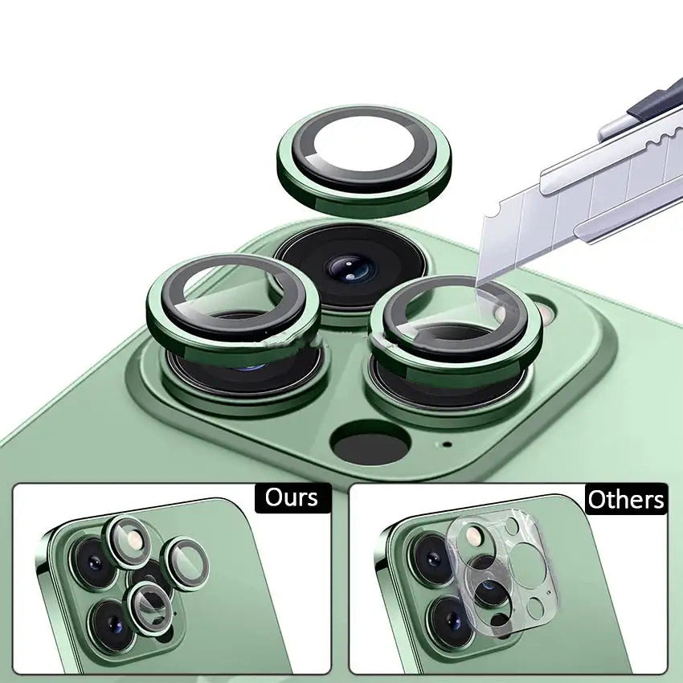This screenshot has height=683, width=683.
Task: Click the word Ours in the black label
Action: coord(292,497)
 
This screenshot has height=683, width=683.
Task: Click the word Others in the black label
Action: coord(626,500)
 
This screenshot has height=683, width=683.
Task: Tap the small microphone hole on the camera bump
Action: coord(446,444)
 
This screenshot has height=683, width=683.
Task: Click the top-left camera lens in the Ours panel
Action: coord(93,562)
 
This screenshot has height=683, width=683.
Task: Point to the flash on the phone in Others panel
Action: coord(474,537)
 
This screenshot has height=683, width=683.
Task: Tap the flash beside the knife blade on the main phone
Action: coord(545,311)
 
